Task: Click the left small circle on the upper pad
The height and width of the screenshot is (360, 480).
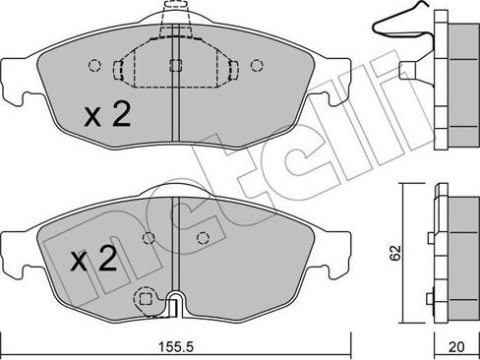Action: click(94, 67)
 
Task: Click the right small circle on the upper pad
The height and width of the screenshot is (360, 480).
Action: click(257, 67)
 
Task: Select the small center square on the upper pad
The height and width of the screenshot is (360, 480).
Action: click(175, 67)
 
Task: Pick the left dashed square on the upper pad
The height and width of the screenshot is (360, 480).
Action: click(120, 69)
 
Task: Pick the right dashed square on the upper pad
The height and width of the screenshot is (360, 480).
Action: click(233, 69)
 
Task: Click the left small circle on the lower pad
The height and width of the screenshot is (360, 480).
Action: click(148, 237)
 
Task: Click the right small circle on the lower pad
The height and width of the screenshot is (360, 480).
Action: click(204, 237)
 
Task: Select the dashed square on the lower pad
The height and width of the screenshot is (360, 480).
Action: click(145, 298)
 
